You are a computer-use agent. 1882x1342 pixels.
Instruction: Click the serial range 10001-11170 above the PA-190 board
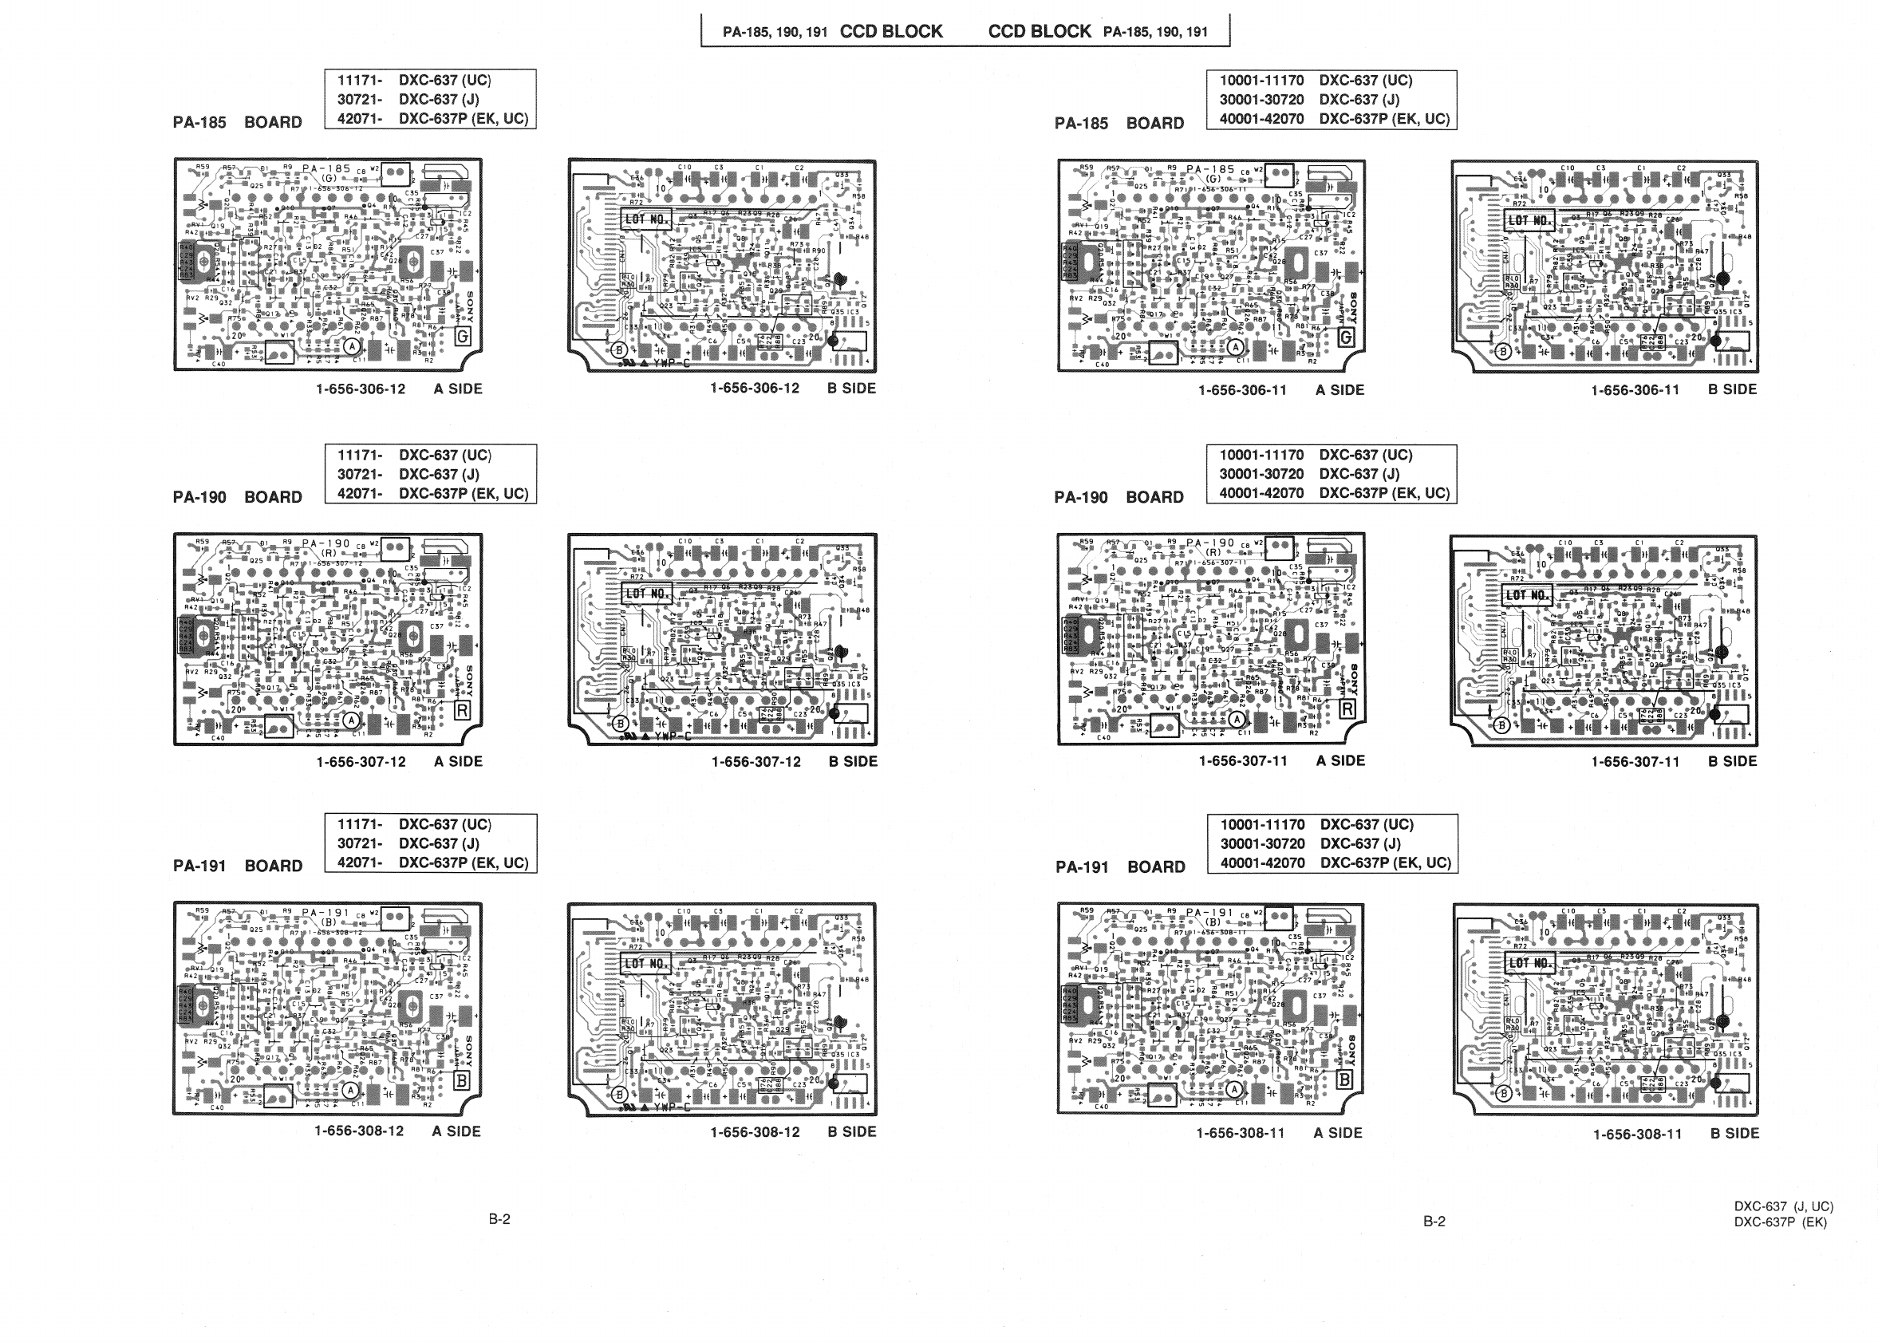point(1261,456)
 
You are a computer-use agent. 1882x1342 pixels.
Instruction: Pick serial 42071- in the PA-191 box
point(359,862)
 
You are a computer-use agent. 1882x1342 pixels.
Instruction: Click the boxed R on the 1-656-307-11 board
point(1347,708)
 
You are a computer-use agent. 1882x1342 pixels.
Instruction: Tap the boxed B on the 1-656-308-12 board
point(461,1080)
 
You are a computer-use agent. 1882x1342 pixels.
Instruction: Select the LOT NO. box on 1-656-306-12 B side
point(646,219)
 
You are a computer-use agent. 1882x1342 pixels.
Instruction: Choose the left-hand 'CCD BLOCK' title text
point(890,31)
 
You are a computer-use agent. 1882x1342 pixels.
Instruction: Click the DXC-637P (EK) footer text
point(1781,1222)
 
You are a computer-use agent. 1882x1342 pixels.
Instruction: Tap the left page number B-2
point(499,1219)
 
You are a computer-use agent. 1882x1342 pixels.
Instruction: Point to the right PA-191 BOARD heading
point(1119,866)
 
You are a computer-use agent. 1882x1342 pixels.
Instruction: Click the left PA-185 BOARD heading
point(237,122)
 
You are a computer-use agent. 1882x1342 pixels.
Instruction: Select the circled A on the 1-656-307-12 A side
point(352,720)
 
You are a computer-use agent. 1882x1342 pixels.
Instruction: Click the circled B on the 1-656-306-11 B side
point(1504,351)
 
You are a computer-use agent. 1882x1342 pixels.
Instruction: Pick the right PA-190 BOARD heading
point(1119,498)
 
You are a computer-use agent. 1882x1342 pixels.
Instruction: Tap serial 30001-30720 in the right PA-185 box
point(1261,100)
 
